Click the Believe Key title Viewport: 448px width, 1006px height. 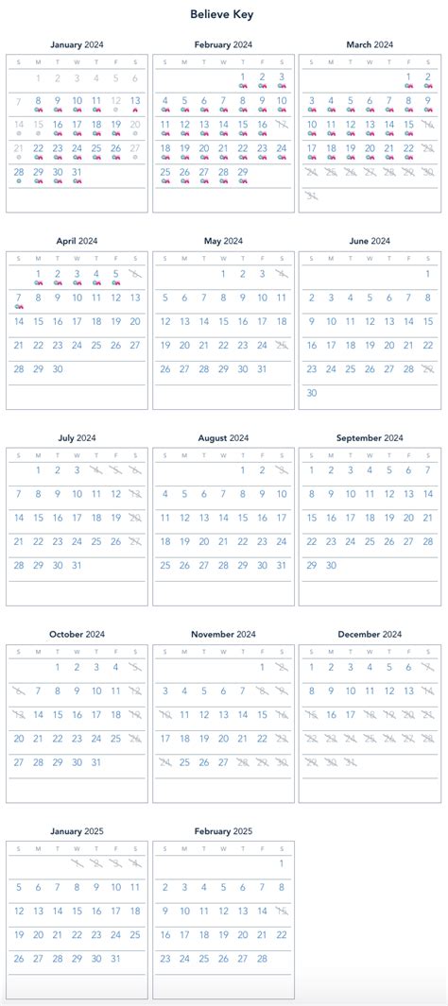click(223, 14)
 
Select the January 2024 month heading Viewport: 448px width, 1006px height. click(78, 44)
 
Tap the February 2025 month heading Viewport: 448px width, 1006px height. click(223, 831)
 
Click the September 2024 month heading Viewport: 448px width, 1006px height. click(370, 438)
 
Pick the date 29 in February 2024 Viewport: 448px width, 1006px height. click(243, 172)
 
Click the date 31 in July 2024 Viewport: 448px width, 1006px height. click(78, 565)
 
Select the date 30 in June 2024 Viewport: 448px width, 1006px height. click(312, 392)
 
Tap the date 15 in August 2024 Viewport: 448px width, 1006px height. click(243, 518)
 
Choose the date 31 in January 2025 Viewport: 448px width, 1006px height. click(116, 958)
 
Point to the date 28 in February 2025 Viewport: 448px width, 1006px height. click(263, 958)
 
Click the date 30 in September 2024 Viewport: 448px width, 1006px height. click(331, 565)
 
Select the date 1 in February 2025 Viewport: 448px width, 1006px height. click(282, 863)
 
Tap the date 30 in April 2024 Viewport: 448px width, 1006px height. click(58, 368)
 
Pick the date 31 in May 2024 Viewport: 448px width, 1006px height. click(263, 368)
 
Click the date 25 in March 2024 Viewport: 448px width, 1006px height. click(331, 172)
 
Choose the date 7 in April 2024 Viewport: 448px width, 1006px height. click(19, 298)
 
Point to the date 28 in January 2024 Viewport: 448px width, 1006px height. click(19, 172)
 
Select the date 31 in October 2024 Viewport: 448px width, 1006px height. click(96, 761)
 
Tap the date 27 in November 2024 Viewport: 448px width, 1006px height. click(223, 761)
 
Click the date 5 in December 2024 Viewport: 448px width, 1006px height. click(389, 667)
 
